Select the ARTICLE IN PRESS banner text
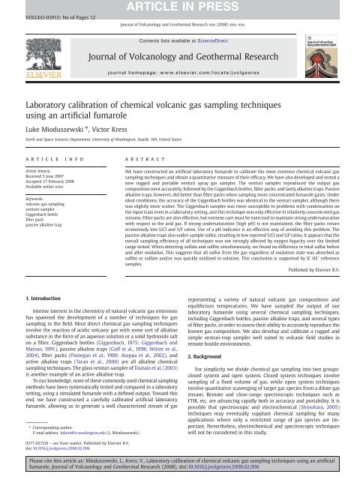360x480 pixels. pyautogui.click(x=179, y=8)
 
